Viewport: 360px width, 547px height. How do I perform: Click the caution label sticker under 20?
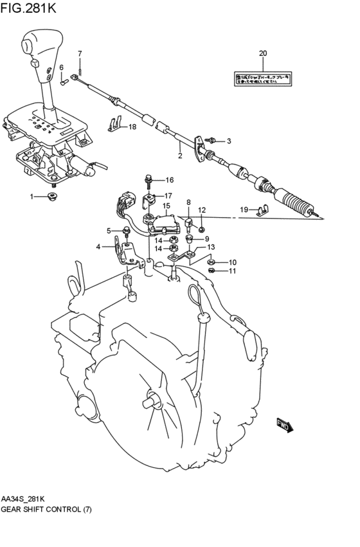click(x=262, y=78)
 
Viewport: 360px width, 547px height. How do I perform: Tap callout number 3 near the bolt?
click(x=228, y=141)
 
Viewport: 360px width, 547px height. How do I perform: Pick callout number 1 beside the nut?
click(x=30, y=196)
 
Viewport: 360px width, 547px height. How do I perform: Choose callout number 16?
click(x=170, y=180)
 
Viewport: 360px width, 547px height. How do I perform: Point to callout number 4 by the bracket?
click(x=98, y=246)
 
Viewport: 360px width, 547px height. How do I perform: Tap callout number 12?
click(x=201, y=210)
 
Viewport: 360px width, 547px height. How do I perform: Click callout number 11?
click(x=233, y=271)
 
